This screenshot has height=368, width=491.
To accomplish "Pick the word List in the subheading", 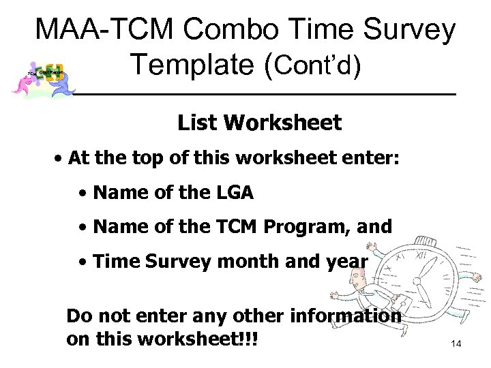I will tap(198, 123).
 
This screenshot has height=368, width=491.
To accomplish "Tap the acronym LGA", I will tap(232, 194).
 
